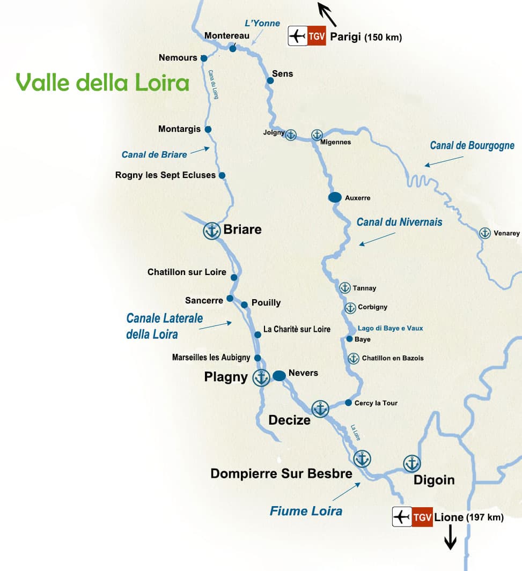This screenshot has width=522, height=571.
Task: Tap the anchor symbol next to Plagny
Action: click(x=261, y=378)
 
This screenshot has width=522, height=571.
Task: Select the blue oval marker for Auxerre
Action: click(x=335, y=197)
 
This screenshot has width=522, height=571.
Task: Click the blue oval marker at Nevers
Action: click(x=279, y=376)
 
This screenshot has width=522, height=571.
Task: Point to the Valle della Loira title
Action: click(x=102, y=83)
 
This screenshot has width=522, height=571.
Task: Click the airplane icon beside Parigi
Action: click(x=297, y=36)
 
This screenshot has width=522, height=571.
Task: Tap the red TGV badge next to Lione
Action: click(x=422, y=517)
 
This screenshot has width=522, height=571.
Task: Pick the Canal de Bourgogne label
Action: click(x=472, y=145)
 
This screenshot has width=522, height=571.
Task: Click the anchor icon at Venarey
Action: click(x=485, y=233)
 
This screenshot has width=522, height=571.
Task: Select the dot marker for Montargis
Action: click(x=208, y=129)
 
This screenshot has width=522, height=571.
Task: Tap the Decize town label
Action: click(x=290, y=420)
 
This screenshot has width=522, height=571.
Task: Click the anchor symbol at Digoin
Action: click(x=411, y=463)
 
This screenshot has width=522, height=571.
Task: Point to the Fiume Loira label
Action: click(x=306, y=511)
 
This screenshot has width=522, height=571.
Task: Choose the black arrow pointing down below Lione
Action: click(x=450, y=538)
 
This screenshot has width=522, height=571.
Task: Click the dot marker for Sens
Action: click(x=270, y=80)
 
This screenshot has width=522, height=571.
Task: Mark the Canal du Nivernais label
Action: click(x=399, y=221)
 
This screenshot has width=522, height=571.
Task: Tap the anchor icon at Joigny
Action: click(x=290, y=135)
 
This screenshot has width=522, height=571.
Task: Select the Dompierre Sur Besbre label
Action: click(x=281, y=473)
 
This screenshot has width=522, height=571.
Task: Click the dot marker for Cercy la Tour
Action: click(x=349, y=403)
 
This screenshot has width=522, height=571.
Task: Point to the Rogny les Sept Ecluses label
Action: click(x=165, y=175)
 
